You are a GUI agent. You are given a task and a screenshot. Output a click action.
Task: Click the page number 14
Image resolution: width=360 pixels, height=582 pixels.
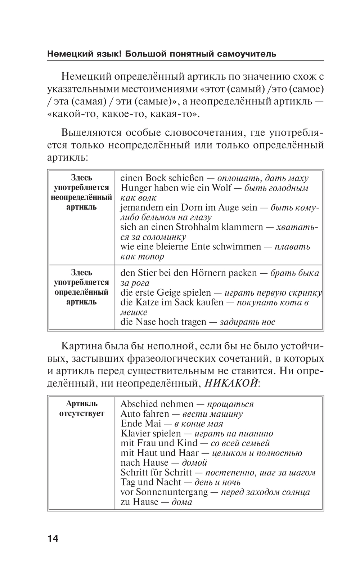pyautogui.click(x=53, y=538)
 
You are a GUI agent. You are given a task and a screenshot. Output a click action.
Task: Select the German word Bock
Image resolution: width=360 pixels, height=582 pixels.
pyautogui.click(x=156, y=178)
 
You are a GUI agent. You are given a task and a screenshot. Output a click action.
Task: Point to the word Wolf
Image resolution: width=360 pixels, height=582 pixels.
pyautogui.click(x=222, y=188)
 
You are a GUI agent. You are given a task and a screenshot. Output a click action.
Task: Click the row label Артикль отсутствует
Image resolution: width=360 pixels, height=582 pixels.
pyautogui.click(x=82, y=408)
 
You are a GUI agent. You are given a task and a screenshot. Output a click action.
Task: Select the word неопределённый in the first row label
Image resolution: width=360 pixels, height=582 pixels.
pyautogui.click(x=82, y=198)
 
